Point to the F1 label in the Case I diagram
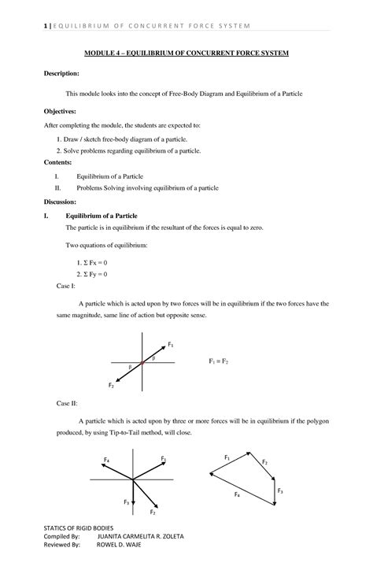pos(171,345)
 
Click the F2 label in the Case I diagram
pos(111,385)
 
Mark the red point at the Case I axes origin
pos(142,363)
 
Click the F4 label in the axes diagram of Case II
pos(106,460)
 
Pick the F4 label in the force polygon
pos(237,493)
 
